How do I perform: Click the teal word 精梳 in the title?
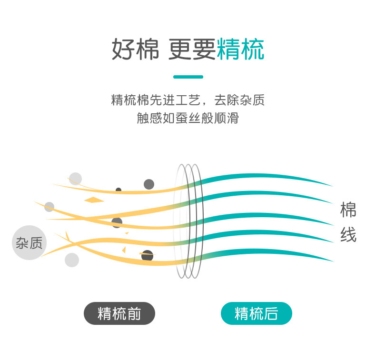(x=240, y=50)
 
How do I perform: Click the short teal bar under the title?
(x=188, y=77)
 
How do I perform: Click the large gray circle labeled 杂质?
(x=29, y=242)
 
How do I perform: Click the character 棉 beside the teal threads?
(x=348, y=210)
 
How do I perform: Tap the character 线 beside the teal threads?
(x=348, y=235)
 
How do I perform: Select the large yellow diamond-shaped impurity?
(x=94, y=200)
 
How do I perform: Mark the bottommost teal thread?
(x=267, y=253)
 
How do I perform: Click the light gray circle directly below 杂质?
(x=72, y=260)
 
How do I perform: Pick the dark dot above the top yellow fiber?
(x=149, y=184)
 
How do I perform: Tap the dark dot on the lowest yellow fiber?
(x=148, y=255)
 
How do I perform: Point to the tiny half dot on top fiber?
(x=119, y=190)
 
